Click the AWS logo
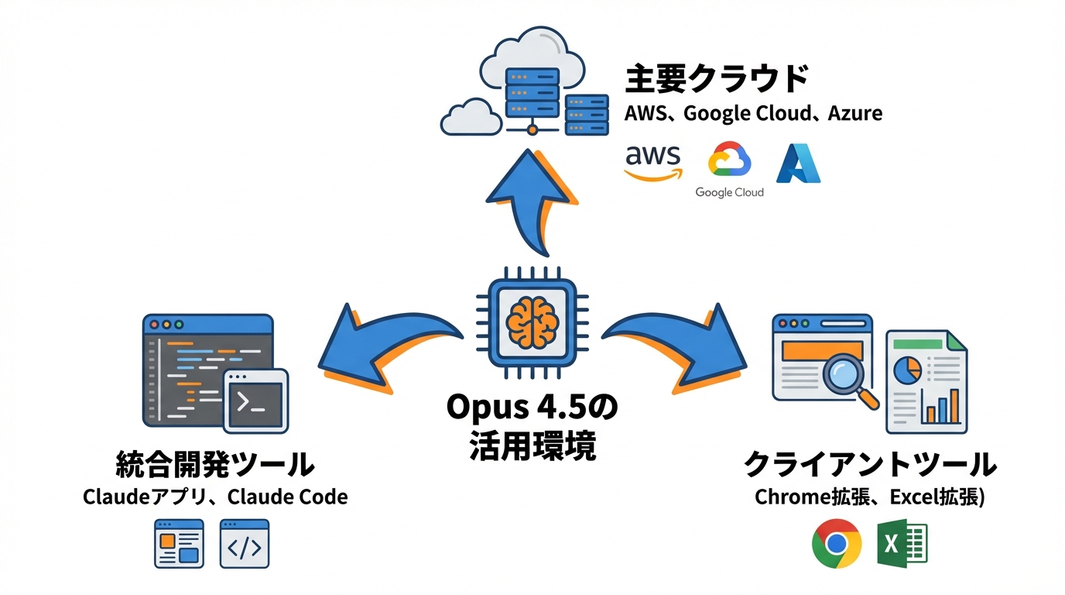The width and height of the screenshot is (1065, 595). (653, 162)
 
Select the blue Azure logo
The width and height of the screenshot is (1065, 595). (798, 163)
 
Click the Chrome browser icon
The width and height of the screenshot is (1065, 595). (837, 544)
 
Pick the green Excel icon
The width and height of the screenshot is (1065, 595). (902, 544)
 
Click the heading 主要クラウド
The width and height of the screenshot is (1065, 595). (716, 79)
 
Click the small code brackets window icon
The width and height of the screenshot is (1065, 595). (245, 544)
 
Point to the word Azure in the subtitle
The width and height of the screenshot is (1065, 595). (854, 113)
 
